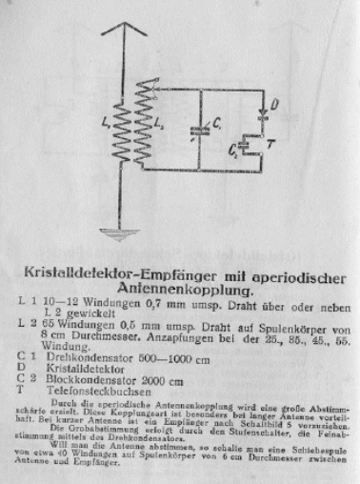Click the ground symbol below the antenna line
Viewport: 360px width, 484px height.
pyautogui.click(x=122, y=234)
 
